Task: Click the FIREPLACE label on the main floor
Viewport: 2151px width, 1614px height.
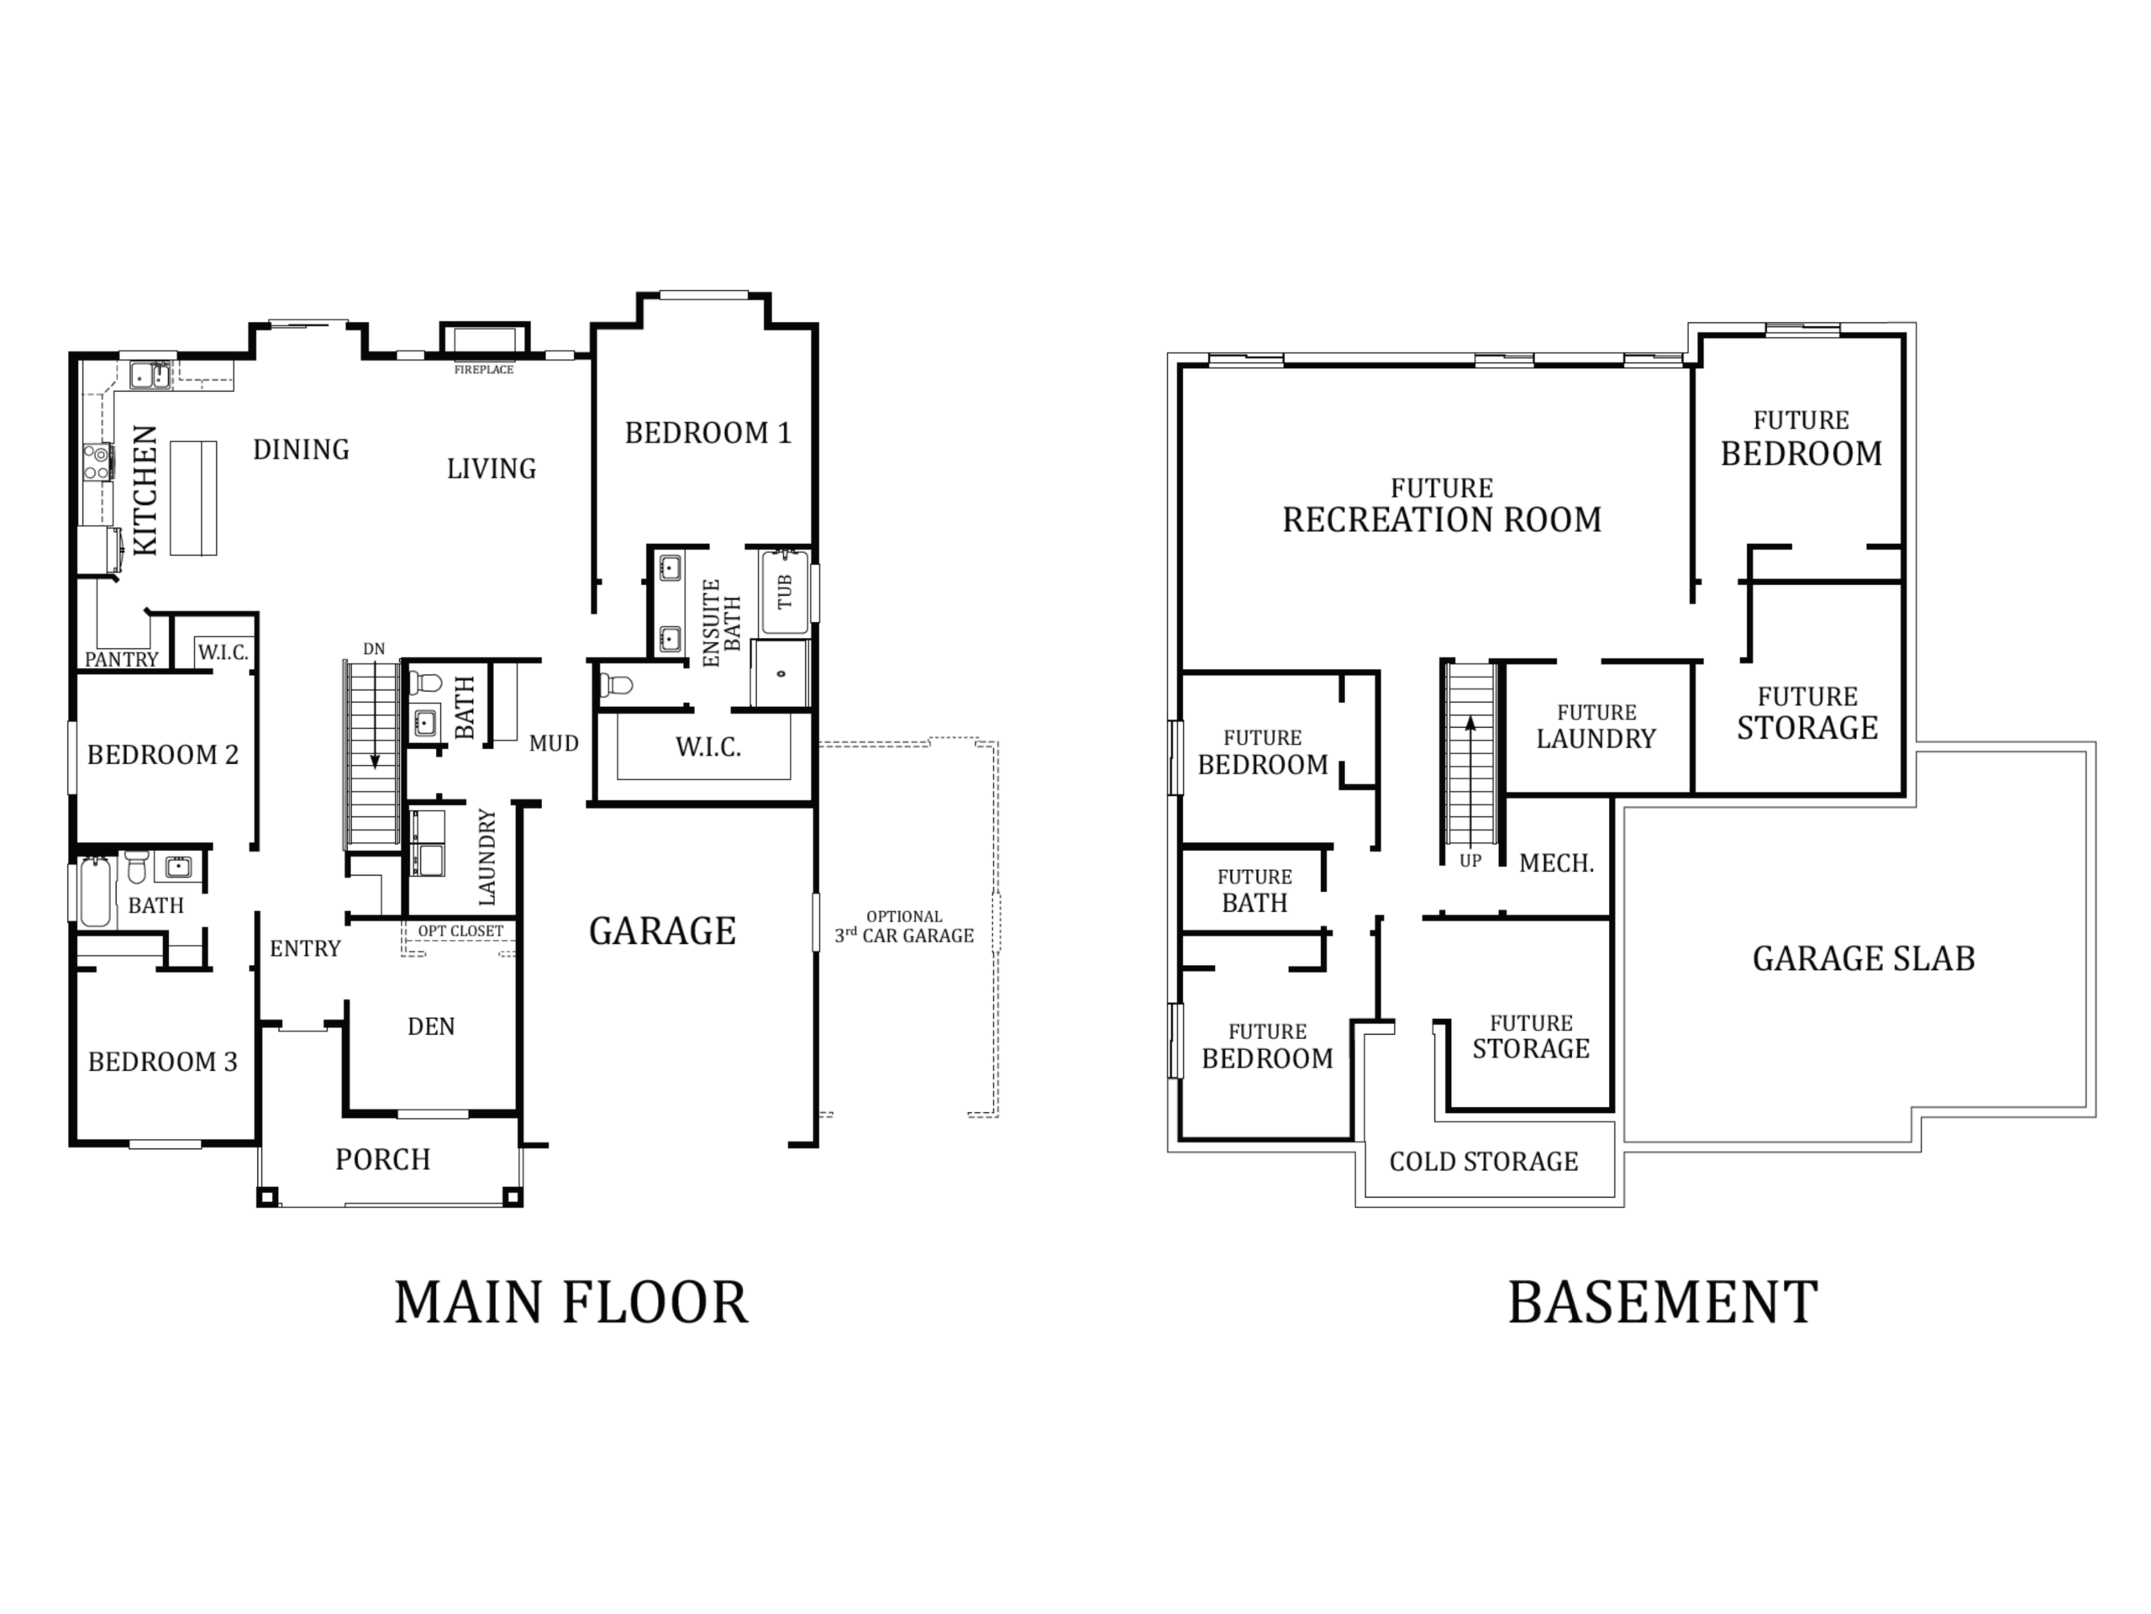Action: (x=483, y=370)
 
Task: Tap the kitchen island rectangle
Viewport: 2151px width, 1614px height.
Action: (x=192, y=498)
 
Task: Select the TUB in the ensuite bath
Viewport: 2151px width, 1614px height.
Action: (x=785, y=593)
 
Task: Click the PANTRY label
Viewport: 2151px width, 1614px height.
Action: (x=122, y=660)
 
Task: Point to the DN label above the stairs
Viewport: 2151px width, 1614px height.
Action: (x=375, y=649)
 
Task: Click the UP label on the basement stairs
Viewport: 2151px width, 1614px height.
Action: (x=1470, y=861)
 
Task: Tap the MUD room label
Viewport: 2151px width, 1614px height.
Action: (x=555, y=743)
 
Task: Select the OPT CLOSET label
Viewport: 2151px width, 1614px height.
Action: (x=461, y=931)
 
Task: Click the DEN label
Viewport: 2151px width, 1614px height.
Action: (x=431, y=1026)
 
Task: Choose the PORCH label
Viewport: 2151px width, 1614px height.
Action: (x=383, y=1160)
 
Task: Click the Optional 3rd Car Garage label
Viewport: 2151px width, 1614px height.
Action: (x=904, y=927)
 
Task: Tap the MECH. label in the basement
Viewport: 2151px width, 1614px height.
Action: (x=1557, y=863)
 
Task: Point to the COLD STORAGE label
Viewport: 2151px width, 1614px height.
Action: (x=1484, y=1162)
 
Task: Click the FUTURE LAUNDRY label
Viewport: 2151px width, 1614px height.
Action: (x=1596, y=728)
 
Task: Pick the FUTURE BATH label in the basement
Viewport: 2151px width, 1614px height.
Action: (x=1254, y=891)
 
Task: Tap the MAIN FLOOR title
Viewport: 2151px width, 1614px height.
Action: (x=572, y=1303)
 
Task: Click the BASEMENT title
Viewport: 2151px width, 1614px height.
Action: (x=1663, y=1303)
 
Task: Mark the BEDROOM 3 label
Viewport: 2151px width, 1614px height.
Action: (x=162, y=1063)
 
